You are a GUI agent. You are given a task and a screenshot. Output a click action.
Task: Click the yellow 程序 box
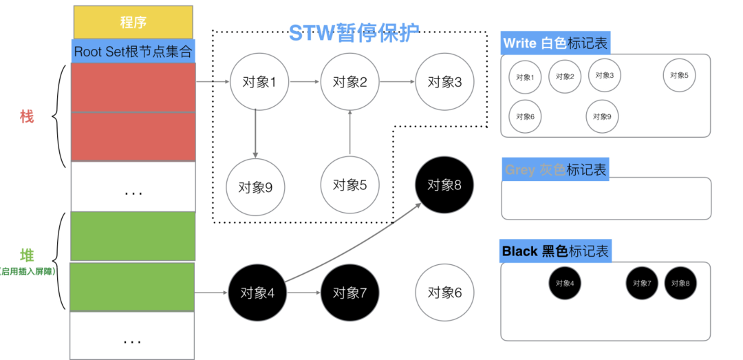pyautogui.click(x=133, y=22)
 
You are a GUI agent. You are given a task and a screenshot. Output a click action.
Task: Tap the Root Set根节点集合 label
pyautogui.click(x=133, y=51)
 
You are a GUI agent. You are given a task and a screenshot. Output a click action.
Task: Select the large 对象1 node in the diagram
pyautogui.click(x=255, y=82)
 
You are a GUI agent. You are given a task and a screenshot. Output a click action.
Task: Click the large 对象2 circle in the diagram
pyautogui.click(x=349, y=82)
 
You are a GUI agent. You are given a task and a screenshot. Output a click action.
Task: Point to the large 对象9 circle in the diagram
pyautogui.click(x=255, y=187)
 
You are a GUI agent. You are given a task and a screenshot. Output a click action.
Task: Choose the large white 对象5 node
pyautogui.click(x=349, y=184)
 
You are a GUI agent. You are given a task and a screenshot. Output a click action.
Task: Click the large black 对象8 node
pyautogui.click(x=444, y=184)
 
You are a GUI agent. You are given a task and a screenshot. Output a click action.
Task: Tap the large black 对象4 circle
pyautogui.click(x=257, y=293)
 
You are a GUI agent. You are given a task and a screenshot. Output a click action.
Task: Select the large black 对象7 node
pyautogui.click(x=349, y=293)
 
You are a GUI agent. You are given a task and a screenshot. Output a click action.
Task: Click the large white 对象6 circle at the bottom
pyautogui.click(x=444, y=293)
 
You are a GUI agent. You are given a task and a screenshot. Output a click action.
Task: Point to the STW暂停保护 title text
pyautogui.click(x=353, y=33)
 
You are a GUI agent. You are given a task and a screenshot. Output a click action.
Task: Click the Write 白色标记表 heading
pyautogui.click(x=555, y=43)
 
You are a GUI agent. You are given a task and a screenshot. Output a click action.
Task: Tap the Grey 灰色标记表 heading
pyautogui.click(x=555, y=169)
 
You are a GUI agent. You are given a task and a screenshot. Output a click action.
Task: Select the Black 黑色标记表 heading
pyautogui.click(x=555, y=251)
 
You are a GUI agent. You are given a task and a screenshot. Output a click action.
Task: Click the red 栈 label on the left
pyautogui.click(x=27, y=117)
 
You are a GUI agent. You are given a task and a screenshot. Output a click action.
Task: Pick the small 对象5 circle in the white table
pyautogui.click(x=680, y=75)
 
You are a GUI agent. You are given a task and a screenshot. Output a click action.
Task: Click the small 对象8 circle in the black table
pyautogui.click(x=681, y=283)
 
